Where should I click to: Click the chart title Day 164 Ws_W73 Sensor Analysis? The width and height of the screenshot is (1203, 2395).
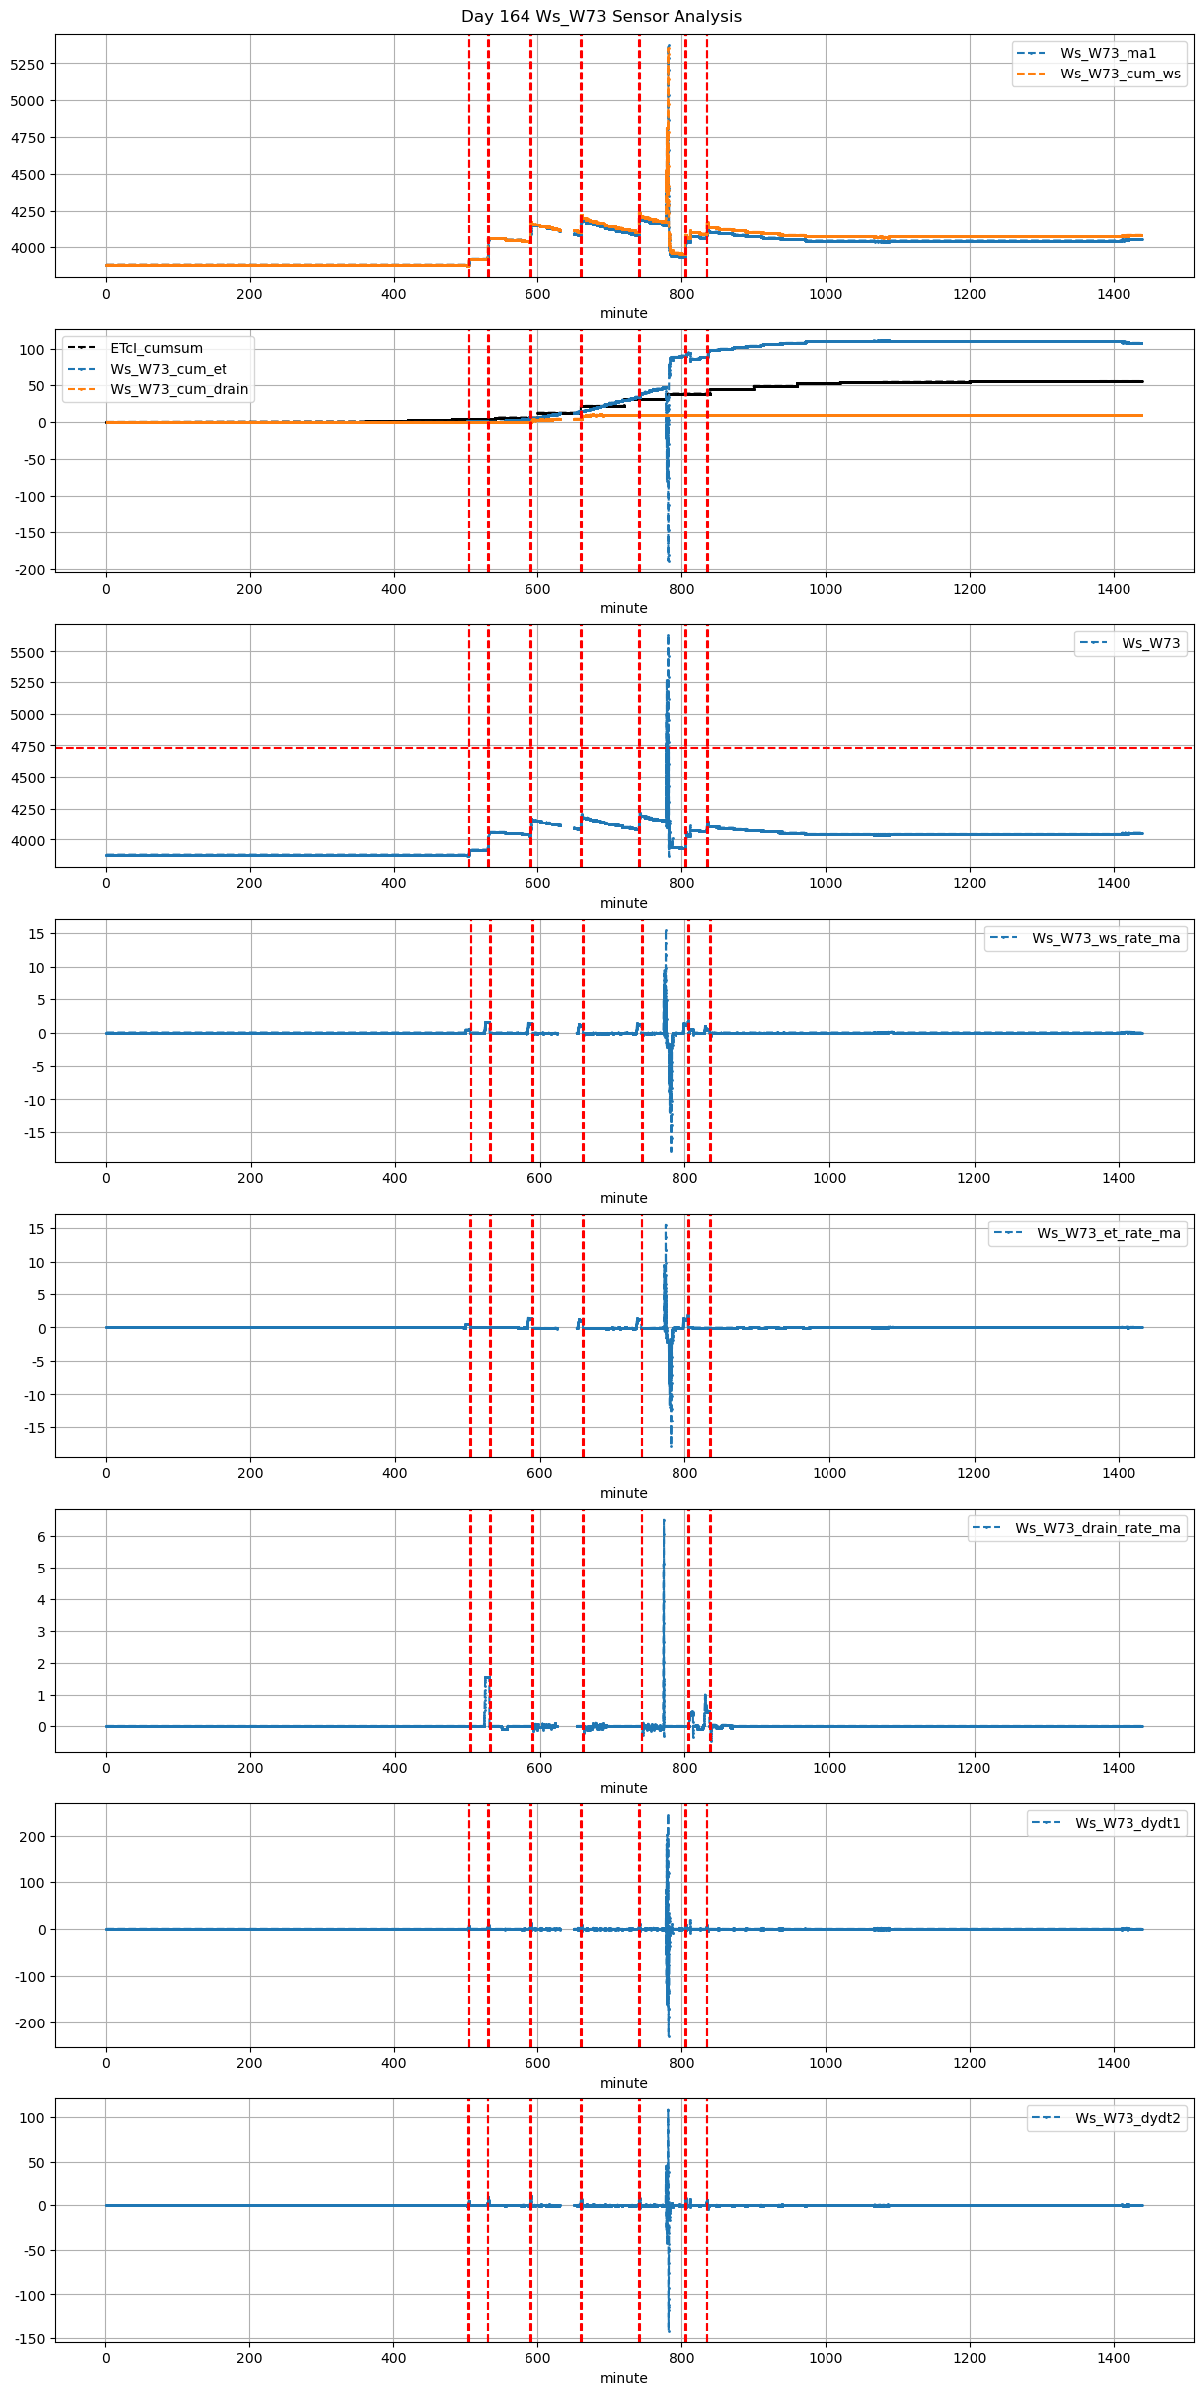click(x=601, y=17)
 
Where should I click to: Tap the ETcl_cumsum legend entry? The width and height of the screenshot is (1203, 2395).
click(x=156, y=348)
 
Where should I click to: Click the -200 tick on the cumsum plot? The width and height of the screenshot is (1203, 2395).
click(x=30, y=570)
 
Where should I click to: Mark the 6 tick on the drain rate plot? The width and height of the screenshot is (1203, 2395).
click(x=43, y=1537)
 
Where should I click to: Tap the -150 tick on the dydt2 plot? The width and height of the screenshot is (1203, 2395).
click(x=30, y=2339)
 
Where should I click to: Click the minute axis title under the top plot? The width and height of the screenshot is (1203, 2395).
click(x=623, y=313)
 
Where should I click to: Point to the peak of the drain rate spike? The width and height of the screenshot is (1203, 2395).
click(x=664, y=1520)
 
